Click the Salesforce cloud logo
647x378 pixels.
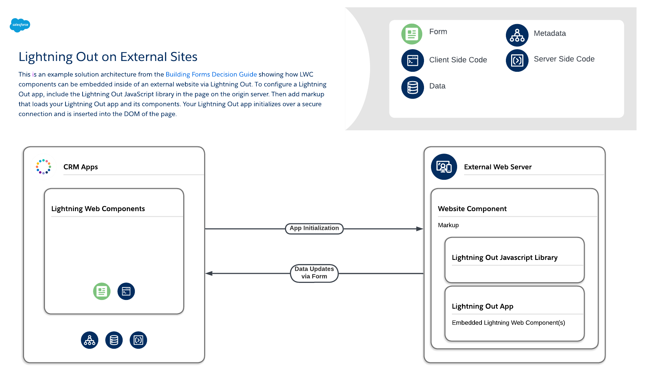point(20,25)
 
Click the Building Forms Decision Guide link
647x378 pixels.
point(211,74)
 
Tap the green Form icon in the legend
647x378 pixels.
point(412,34)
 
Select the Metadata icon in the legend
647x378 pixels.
point(517,35)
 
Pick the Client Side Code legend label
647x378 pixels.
point(458,60)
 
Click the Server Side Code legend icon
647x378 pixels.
point(517,61)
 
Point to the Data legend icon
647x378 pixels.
point(413,87)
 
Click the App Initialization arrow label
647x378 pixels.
point(314,229)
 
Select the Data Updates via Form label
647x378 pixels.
point(314,273)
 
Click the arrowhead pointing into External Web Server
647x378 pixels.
point(419,229)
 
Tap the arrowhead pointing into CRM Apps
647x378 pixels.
point(209,273)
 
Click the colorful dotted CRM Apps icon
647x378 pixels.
point(44,167)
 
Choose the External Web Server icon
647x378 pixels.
point(444,167)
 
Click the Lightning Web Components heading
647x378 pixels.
point(98,209)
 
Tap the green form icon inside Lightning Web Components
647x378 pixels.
point(102,291)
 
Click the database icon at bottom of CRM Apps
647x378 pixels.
point(114,340)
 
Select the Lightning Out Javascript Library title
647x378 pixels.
point(504,257)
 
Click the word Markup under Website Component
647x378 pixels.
point(448,225)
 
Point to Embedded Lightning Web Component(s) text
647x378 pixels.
point(508,323)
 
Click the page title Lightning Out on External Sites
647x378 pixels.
point(108,57)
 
